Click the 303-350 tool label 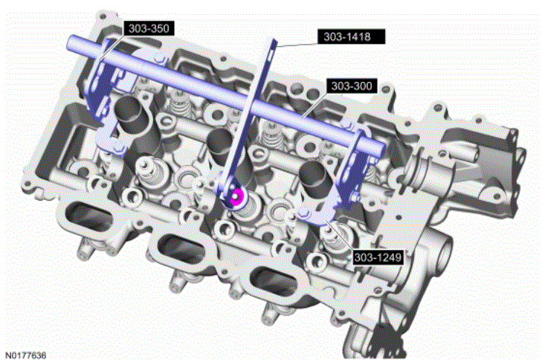point(149,28)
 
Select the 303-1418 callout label point(351,36)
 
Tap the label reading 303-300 point(352,86)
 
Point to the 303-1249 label point(378,257)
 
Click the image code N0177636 point(25,355)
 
